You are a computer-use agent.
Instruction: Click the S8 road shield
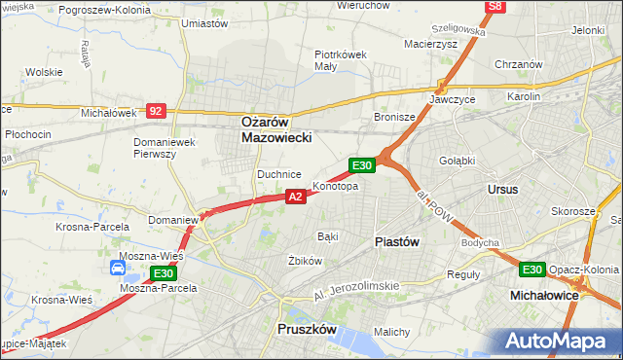pyautogui.click(x=496, y=7)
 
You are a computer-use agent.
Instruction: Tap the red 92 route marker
pyautogui.click(x=156, y=111)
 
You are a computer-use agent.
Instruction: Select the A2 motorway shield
pyautogui.click(x=297, y=197)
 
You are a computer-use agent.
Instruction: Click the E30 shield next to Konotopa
pyautogui.click(x=361, y=166)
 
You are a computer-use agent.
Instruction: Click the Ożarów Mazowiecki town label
pyautogui.click(x=276, y=130)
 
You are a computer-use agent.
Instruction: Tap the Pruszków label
pyautogui.click(x=307, y=330)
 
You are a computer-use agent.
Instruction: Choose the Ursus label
pyautogui.click(x=503, y=189)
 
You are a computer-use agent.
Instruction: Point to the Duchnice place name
pyautogui.click(x=277, y=174)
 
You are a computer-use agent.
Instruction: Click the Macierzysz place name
pyautogui.click(x=431, y=43)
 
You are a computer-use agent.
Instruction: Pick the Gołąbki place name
pyautogui.click(x=457, y=161)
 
